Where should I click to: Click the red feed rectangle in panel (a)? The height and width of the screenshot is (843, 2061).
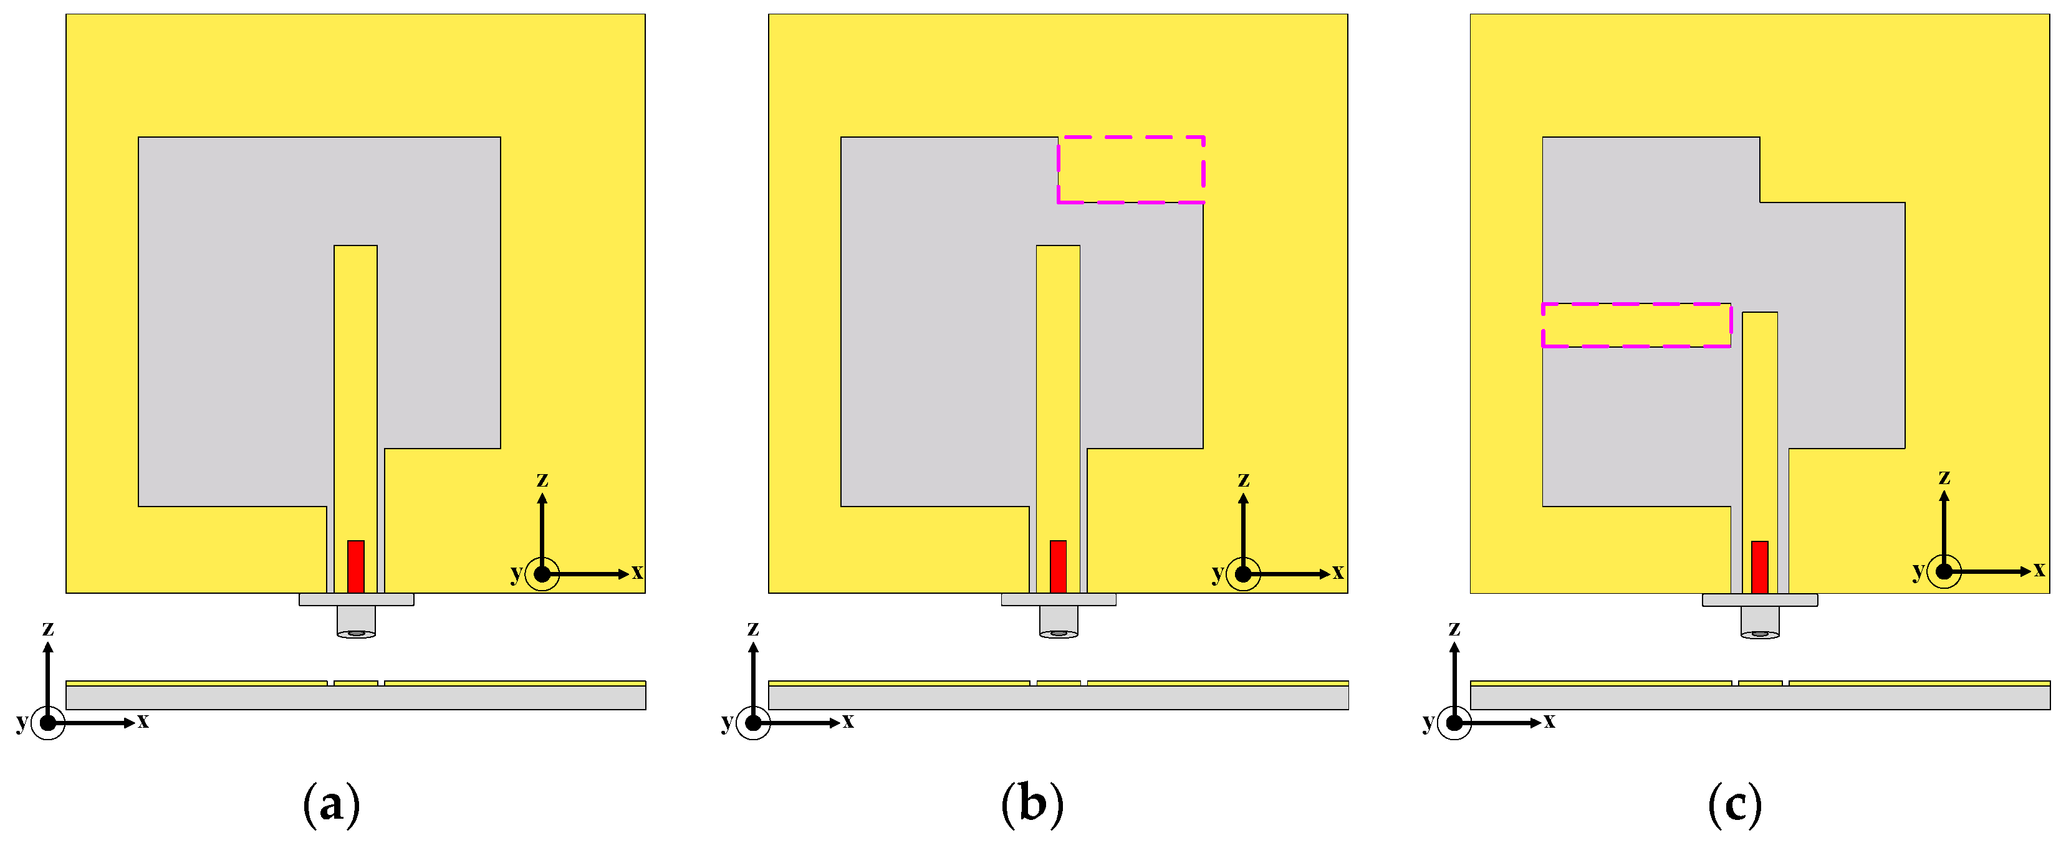[x=355, y=566]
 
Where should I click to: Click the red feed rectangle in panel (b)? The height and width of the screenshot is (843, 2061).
[x=1058, y=566]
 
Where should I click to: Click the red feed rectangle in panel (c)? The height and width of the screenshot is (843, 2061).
[x=1759, y=566]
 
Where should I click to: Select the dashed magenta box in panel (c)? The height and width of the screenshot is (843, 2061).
[x=1636, y=325]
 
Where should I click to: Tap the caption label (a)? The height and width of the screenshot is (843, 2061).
[x=331, y=804]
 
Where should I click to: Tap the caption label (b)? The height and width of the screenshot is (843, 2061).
[x=1032, y=804]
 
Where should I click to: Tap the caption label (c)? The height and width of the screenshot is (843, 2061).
[x=1734, y=804]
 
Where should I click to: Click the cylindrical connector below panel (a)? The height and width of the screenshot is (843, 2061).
[x=356, y=621]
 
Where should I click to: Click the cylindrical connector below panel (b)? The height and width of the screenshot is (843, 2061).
[x=1059, y=621]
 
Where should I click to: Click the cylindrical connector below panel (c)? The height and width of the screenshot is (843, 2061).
[x=1760, y=621]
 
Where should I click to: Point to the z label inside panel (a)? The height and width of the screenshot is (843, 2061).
[x=542, y=479]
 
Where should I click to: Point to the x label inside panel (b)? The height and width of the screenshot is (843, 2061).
[x=1338, y=572]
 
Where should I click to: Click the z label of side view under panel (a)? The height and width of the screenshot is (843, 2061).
[x=48, y=628]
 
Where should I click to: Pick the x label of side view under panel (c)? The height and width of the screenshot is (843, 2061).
[x=1549, y=721]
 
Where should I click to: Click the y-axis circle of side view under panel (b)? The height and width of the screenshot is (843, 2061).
[x=753, y=723]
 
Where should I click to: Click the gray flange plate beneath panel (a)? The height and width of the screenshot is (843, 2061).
[x=356, y=599]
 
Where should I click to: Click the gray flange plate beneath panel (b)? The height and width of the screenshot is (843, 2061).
[x=1059, y=599]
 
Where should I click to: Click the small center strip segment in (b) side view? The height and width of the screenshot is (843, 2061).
[x=1059, y=683]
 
